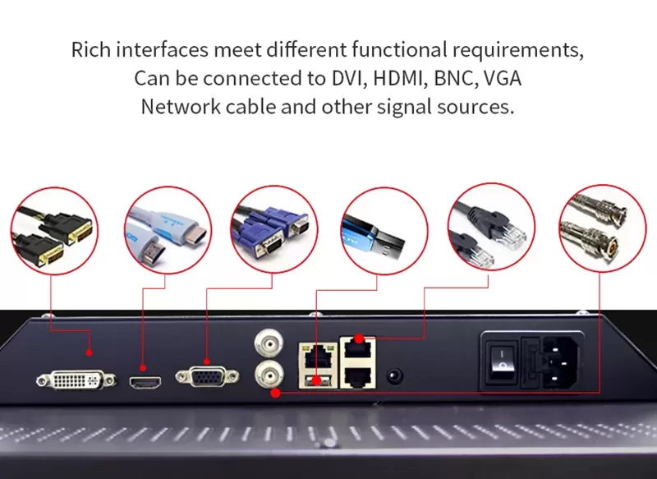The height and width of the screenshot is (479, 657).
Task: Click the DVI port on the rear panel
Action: coord(76,380)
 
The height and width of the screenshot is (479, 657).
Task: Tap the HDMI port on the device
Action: coord(145,383)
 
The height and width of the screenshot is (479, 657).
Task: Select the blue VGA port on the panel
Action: coord(207,376)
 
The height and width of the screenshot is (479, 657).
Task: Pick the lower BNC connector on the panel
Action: coord(269,374)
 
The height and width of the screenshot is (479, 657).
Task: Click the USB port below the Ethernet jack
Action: coord(317,381)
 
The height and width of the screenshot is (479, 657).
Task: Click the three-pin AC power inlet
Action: coord(562,362)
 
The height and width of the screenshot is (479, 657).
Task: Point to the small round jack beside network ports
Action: coord(393,375)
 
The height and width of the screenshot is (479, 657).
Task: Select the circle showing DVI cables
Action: coord(54,231)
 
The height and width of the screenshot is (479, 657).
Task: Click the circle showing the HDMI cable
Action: coord(168,230)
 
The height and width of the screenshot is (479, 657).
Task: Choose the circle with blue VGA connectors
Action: coord(274,229)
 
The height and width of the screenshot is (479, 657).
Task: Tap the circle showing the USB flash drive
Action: coord(384,231)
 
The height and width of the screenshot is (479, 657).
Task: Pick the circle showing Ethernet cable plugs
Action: coord(491,227)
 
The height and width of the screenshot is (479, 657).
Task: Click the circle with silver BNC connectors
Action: coord(603,228)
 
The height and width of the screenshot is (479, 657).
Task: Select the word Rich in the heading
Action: coord(91,49)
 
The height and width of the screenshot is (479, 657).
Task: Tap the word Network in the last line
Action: coord(181,107)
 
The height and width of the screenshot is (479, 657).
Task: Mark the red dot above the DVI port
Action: coord(89,352)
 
